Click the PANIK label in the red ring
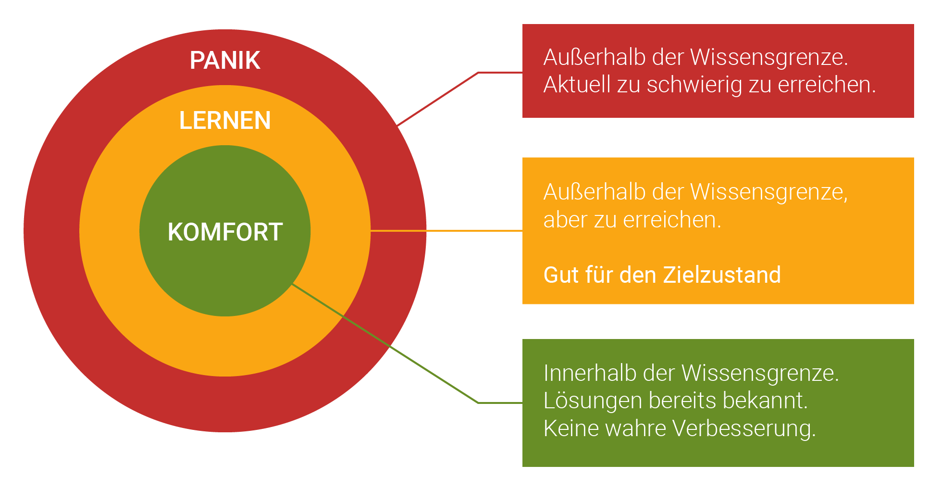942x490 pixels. pos(225,61)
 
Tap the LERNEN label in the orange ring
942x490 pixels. pos(225,120)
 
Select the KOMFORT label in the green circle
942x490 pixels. pos(225,232)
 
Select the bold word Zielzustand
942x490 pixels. pos(721,275)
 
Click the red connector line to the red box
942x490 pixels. pos(437,99)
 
